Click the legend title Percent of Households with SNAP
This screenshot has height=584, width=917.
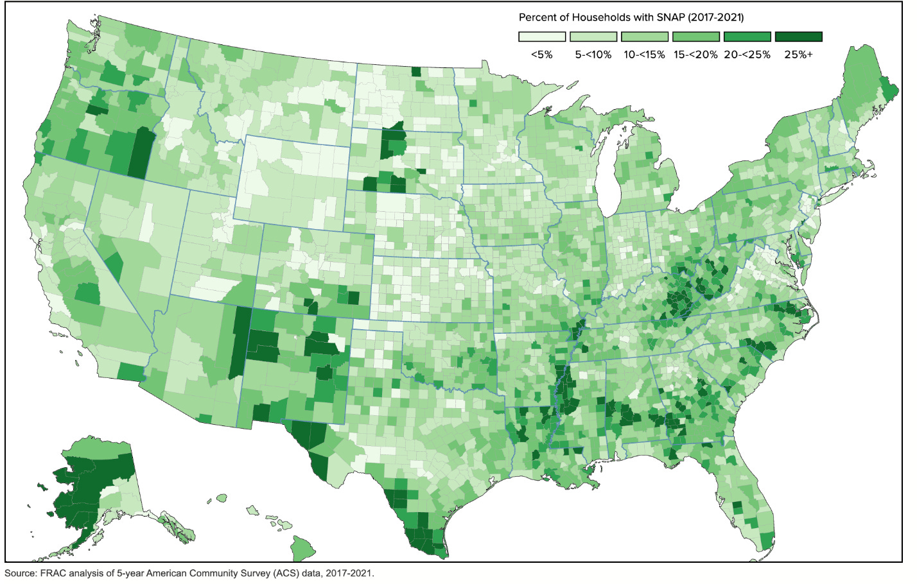pyautogui.click(x=631, y=17)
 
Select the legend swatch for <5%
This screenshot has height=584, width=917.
pyautogui.click(x=541, y=37)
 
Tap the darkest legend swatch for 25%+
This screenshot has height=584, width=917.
pyautogui.click(x=798, y=37)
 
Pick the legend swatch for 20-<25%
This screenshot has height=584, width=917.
pyautogui.click(x=747, y=37)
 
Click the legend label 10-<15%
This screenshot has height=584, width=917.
pyautogui.click(x=644, y=55)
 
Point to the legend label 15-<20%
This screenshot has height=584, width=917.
pyautogui.click(x=695, y=55)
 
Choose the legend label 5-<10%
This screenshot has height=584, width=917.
pyautogui.click(x=593, y=55)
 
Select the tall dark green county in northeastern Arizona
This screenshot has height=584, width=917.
pyautogui.click(x=240, y=341)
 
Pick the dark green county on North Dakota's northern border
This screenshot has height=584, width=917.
pyautogui.click(x=416, y=71)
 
